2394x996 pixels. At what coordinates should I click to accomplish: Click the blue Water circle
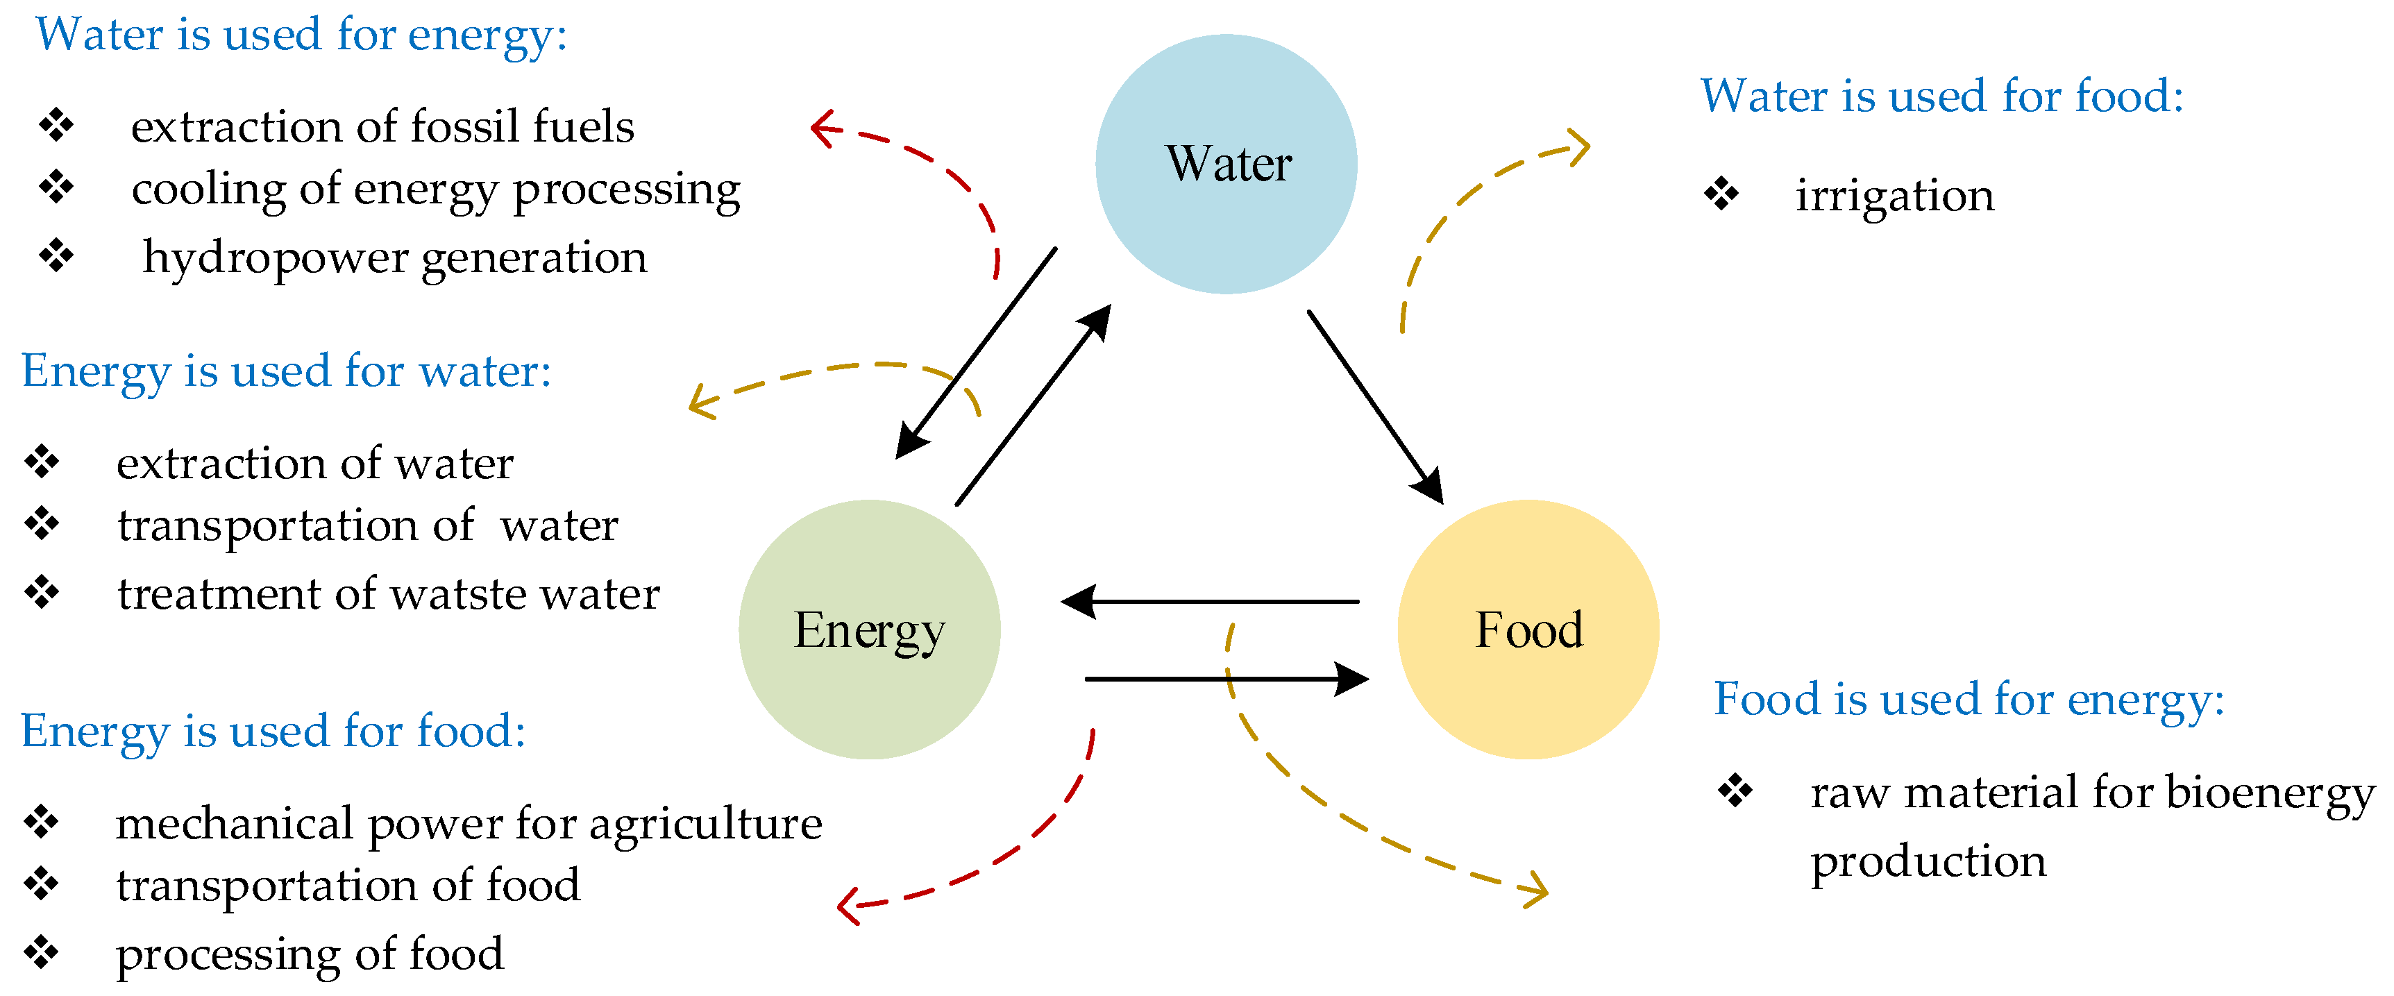pyautogui.click(x=1226, y=164)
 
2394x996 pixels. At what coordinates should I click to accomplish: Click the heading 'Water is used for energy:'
pyautogui.click(x=301, y=35)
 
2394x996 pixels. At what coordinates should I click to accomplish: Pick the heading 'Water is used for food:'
pyautogui.click(x=1941, y=96)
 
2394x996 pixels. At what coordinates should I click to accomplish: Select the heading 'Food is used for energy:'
pyautogui.click(x=1969, y=700)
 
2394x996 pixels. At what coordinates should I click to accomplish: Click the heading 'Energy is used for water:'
pyautogui.click(x=286, y=371)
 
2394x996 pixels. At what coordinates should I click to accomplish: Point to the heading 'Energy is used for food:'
pyautogui.click(x=273, y=731)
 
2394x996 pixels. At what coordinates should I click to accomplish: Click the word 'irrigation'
pyautogui.click(x=1894, y=196)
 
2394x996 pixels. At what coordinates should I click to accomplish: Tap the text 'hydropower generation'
pyautogui.click(x=394, y=258)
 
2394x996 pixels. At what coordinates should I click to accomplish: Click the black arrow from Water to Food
pyautogui.click(x=1374, y=405)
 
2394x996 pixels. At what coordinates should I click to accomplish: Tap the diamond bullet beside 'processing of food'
pyautogui.click(x=42, y=952)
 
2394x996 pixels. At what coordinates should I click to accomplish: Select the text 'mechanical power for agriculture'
pyautogui.click(x=469, y=824)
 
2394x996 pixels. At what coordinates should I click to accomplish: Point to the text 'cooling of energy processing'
pyautogui.click(x=435, y=190)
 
